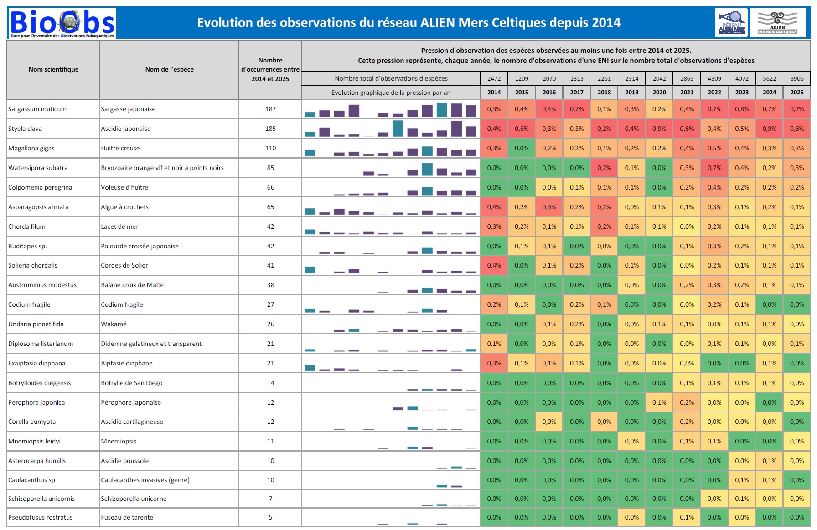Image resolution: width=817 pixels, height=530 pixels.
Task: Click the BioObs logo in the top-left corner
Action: [62, 23]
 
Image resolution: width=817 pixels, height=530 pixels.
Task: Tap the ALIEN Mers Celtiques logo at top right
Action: [777, 22]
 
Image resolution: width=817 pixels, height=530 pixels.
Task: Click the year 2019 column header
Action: [631, 92]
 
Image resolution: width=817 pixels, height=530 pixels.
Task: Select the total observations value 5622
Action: [769, 78]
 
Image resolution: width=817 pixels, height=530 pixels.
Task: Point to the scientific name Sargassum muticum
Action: [37, 109]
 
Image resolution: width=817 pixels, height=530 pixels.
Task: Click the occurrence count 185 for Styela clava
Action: [270, 129]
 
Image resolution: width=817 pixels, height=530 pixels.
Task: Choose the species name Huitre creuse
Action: [120, 148]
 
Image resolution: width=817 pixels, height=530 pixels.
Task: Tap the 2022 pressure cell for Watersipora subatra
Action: [714, 168]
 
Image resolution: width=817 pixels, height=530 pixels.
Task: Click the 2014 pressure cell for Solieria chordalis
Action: [494, 265]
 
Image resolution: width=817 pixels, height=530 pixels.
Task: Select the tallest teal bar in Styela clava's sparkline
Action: [398, 129]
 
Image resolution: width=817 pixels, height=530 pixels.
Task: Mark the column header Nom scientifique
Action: [53, 69]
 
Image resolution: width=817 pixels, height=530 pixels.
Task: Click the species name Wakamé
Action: [114, 324]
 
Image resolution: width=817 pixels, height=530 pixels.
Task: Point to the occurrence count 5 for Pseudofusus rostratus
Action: [270, 517]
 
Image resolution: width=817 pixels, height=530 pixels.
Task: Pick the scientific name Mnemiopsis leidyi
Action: [34, 441]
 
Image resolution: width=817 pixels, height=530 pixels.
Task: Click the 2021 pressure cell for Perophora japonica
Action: [687, 402]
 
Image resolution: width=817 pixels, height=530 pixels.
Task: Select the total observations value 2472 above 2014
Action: [494, 78]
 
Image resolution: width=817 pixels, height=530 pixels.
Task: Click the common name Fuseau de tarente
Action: [127, 517]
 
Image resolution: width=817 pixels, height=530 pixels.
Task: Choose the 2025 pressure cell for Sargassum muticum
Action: [796, 109]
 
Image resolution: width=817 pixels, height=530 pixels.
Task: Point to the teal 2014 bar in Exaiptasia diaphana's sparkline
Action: [310, 368]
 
